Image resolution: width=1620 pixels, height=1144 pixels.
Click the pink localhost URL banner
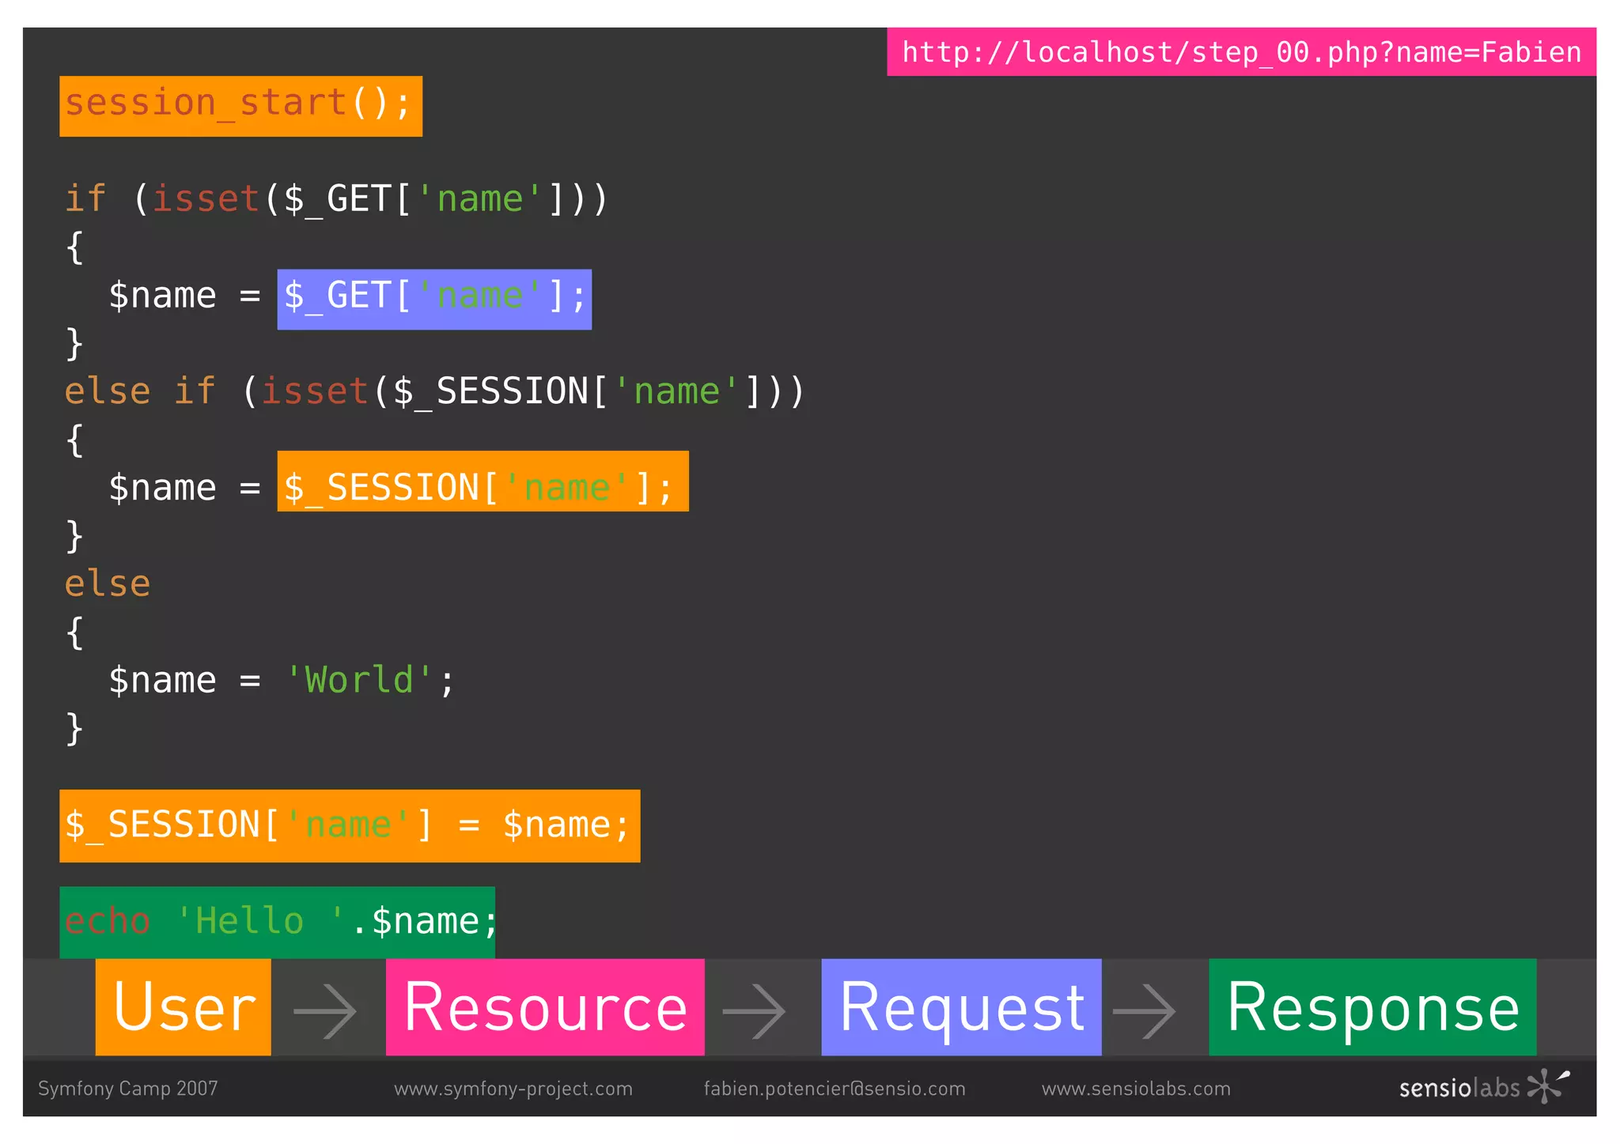tap(1240, 52)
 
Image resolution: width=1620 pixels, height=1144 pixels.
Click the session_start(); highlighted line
tap(240, 106)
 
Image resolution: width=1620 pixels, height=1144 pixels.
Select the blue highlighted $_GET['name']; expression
tap(434, 299)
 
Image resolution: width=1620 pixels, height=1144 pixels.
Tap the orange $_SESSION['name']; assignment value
tap(483, 481)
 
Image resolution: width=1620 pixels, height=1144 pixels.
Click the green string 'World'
tap(359, 680)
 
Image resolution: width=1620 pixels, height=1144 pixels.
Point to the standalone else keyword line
tap(108, 584)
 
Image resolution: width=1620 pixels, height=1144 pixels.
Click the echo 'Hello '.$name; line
tap(278, 921)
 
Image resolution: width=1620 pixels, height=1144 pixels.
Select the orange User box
tap(184, 1007)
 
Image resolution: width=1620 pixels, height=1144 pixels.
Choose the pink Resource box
tap(545, 1007)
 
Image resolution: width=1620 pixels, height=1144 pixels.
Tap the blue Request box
tap(961, 1007)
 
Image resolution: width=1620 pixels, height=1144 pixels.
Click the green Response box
tap(1372, 1007)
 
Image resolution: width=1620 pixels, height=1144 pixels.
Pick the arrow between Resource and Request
tap(754, 1010)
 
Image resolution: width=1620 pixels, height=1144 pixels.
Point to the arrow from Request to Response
tap(1144, 1010)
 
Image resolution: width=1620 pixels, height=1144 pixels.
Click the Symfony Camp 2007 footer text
tap(128, 1089)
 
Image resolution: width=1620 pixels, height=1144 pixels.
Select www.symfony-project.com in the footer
tap(513, 1089)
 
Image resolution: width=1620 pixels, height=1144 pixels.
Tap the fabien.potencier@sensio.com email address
tap(835, 1089)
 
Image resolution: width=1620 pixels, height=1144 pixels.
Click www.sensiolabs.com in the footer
tap(1136, 1089)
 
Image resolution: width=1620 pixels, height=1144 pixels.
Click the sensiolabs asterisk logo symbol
tap(1546, 1085)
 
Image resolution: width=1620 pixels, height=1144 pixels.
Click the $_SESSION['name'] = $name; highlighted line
tap(350, 825)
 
